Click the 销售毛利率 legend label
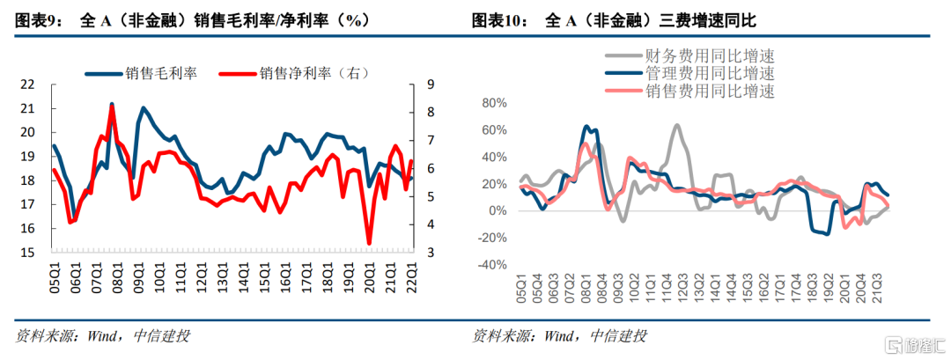160,74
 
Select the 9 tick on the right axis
430,84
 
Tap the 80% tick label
492,103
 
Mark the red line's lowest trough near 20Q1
369,244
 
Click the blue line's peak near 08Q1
112,104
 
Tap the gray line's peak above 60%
676,125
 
